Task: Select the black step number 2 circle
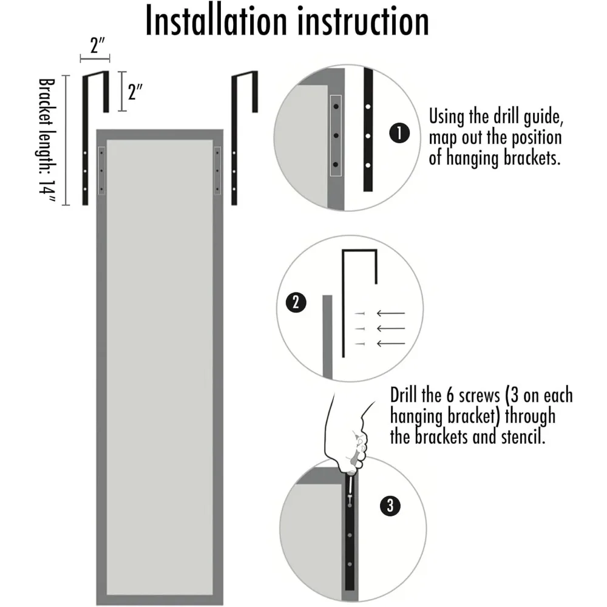pyautogui.click(x=296, y=302)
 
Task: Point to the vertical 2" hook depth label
pyautogui.click(x=135, y=92)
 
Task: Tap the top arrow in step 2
pyautogui.click(x=390, y=313)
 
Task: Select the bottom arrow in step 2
pyautogui.click(x=390, y=344)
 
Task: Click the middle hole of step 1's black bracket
pyautogui.click(x=368, y=135)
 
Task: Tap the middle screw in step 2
pyautogui.click(x=359, y=328)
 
